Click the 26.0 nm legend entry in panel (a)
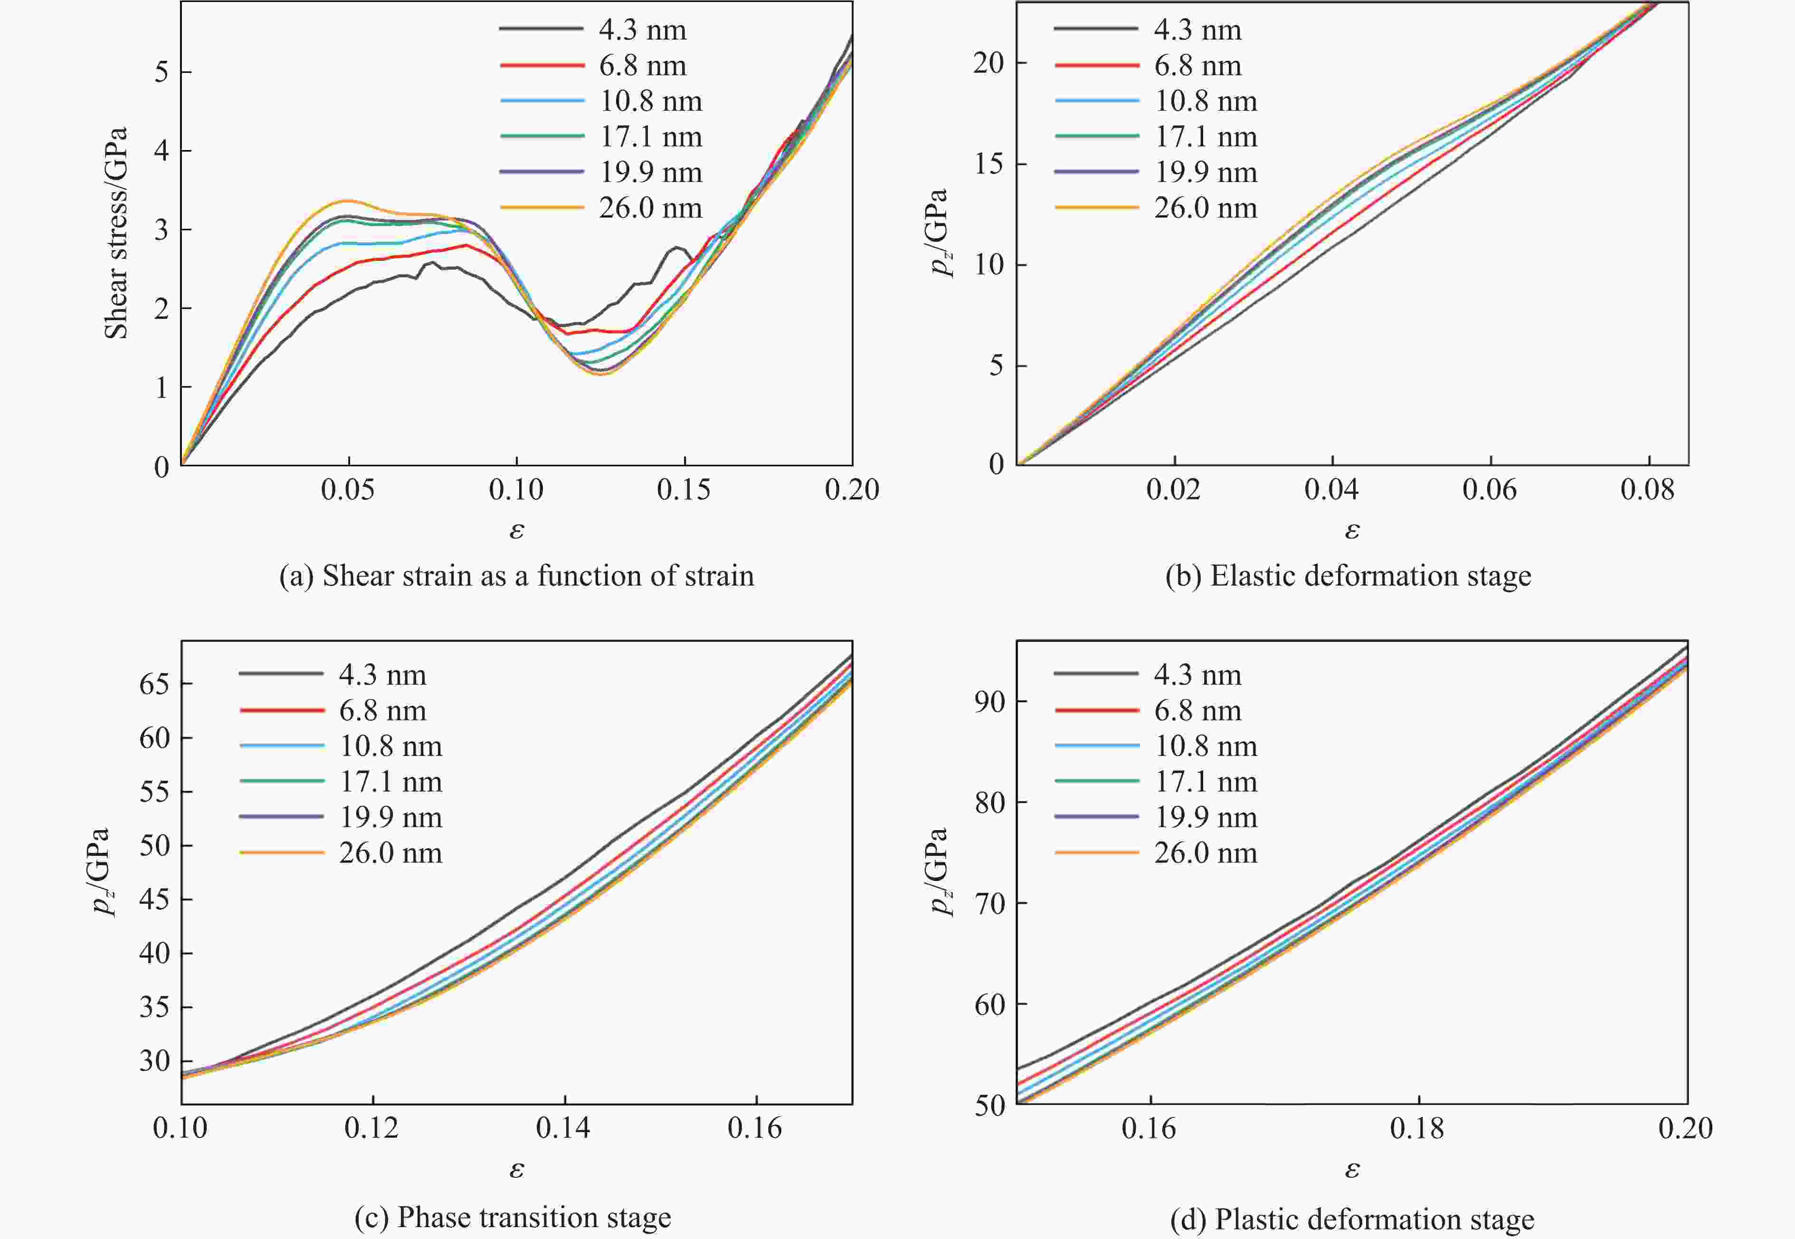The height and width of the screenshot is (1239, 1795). point(651,208)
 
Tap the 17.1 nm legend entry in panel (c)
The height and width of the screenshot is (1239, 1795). point(390,782)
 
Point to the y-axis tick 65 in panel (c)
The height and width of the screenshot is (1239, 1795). point(154,684)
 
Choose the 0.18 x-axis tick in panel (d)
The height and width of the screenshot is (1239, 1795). point(1418,1128)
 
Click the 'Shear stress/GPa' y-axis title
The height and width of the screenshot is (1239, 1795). point(116,233)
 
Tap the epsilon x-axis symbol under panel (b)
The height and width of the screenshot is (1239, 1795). point(1352,530)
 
